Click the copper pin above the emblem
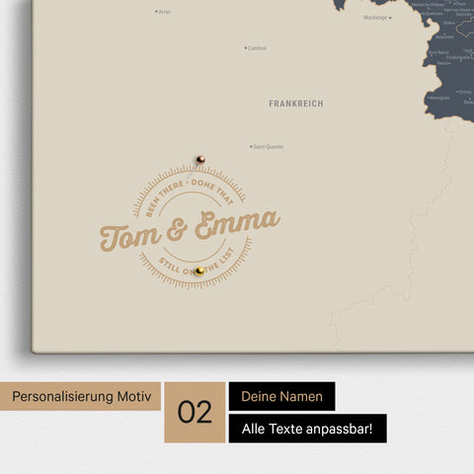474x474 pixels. tap(199, 158)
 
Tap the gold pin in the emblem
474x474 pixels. tap(199, 271)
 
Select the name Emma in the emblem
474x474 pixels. tap(236, 224)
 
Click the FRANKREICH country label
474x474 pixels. tap(295, 103)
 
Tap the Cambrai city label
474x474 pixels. tap(258, 47)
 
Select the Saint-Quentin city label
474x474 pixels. tap(269, 147)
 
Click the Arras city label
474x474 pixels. tap(165, 12)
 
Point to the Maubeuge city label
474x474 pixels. tap(375, 17)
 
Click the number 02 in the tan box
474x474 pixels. tap(196, 412)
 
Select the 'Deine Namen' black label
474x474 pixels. tap(281, 396)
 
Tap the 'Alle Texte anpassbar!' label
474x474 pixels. tap(307, 429)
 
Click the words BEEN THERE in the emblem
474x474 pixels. tap(158, 196)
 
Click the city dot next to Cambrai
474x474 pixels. tap(246, 47)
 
